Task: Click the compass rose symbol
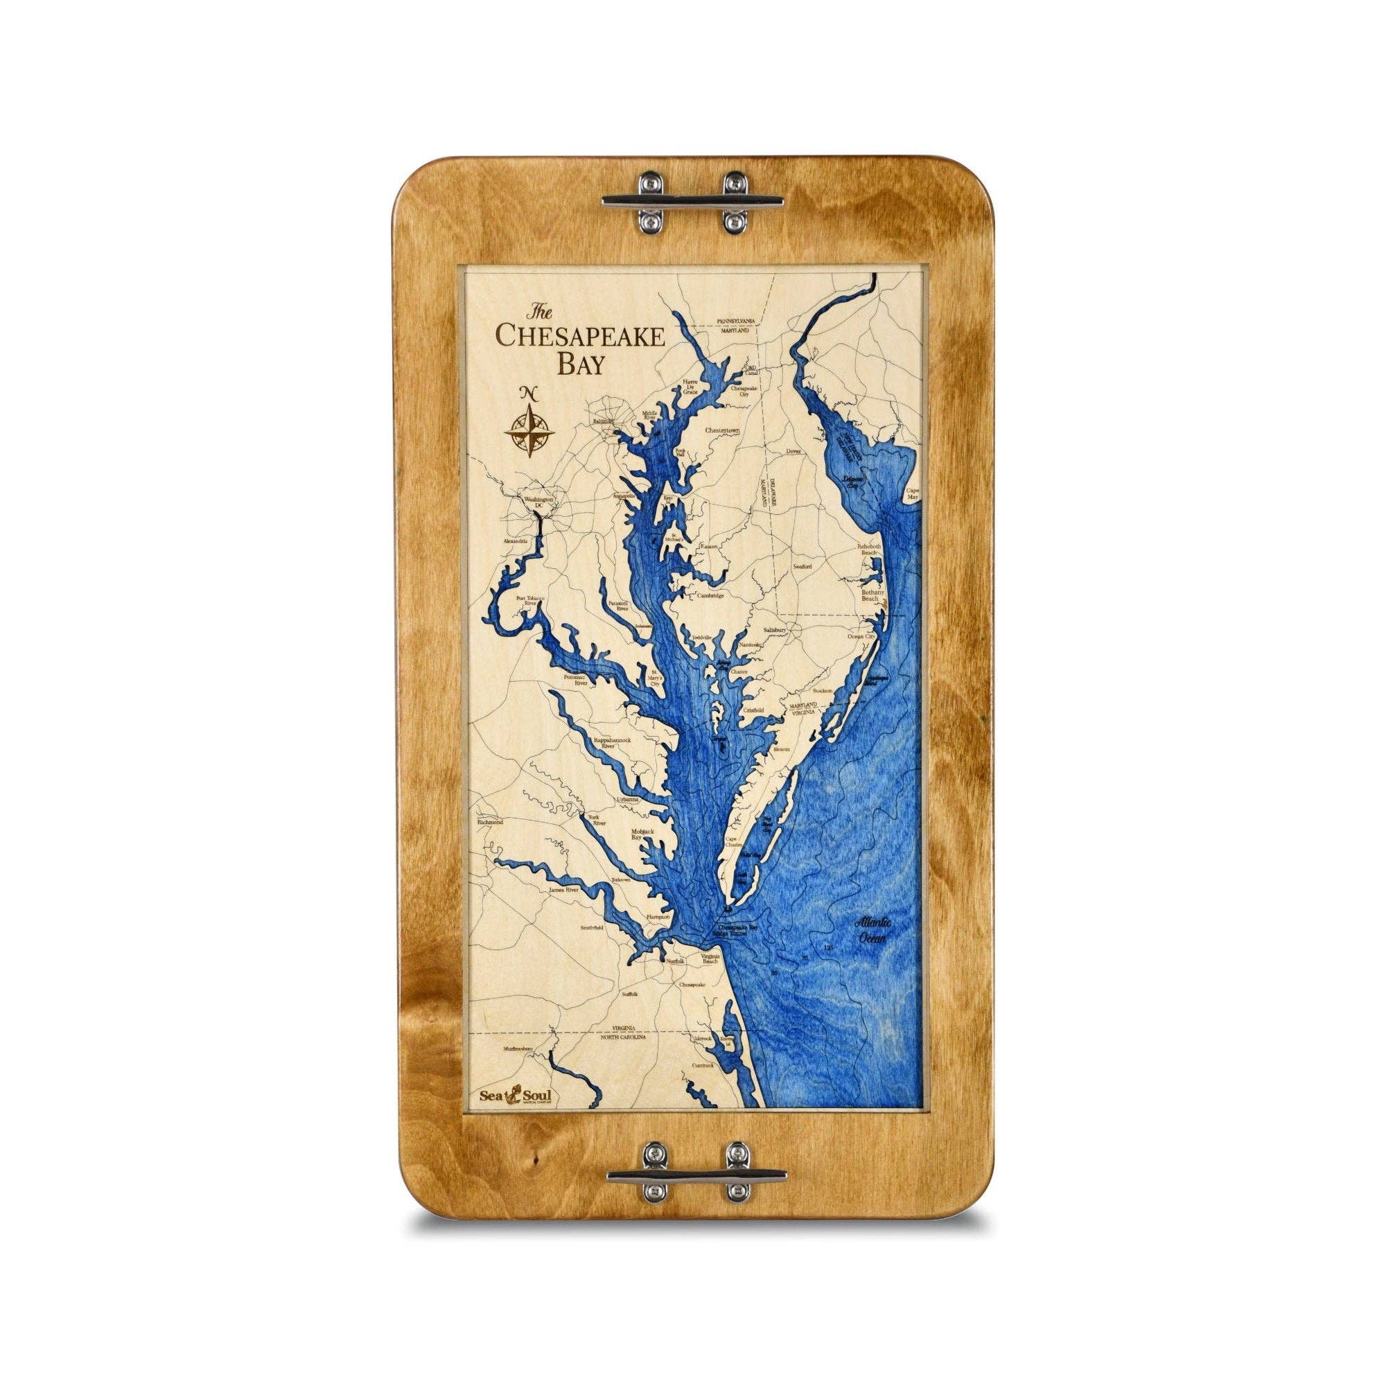[x=528, y=430]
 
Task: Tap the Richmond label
[x=491, y=822]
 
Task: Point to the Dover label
[x=793, y=452]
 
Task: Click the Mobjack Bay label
[x=642, y=834]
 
